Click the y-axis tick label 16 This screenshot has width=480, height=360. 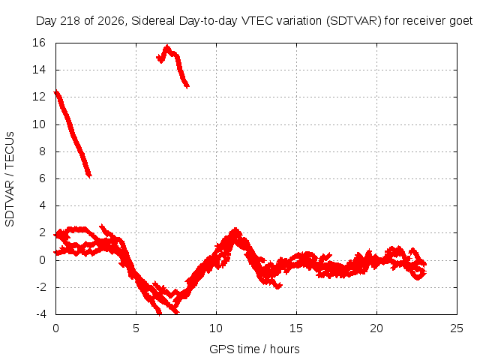coord(39,43)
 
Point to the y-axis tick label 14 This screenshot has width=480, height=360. coord(39,70)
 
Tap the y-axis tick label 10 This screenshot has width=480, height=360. coord(39,124)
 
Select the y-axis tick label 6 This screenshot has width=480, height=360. coord(42,178)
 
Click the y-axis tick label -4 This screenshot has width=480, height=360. coord(40,314)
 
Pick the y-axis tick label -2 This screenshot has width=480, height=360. coord(40,287)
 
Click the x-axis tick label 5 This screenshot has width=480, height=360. coord(136,328)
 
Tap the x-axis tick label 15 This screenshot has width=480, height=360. coord(296,328)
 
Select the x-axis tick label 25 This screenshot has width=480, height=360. coord(457,328)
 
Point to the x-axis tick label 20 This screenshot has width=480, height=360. coord(376,328)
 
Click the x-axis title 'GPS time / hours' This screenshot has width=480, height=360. coord(254,349)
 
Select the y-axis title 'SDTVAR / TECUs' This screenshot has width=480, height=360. coord(10,179)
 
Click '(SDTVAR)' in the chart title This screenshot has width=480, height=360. coord(353,21)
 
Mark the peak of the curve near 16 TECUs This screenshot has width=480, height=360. coord(167,46)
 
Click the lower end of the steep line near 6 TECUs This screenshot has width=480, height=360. coord(89,176)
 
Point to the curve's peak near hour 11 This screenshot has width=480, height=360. coord(235,229)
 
